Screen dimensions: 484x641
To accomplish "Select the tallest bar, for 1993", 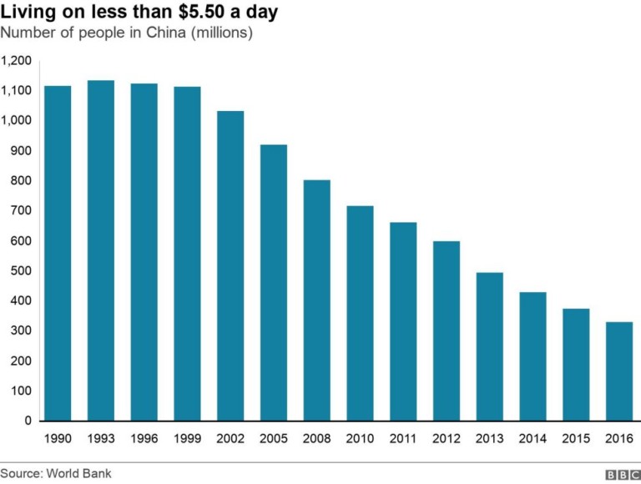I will [101, 250].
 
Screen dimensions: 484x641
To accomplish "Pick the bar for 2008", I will [316, 300].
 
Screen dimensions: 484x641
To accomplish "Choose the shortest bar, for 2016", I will [619, 371].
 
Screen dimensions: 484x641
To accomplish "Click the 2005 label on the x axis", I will [274, 438].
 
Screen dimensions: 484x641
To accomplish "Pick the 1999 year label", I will [187, 438].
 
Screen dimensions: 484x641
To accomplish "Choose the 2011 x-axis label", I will [403, 438].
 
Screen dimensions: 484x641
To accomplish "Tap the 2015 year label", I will [576, 438].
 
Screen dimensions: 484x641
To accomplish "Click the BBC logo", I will [622, 474].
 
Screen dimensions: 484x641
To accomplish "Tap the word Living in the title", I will [27, 13].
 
